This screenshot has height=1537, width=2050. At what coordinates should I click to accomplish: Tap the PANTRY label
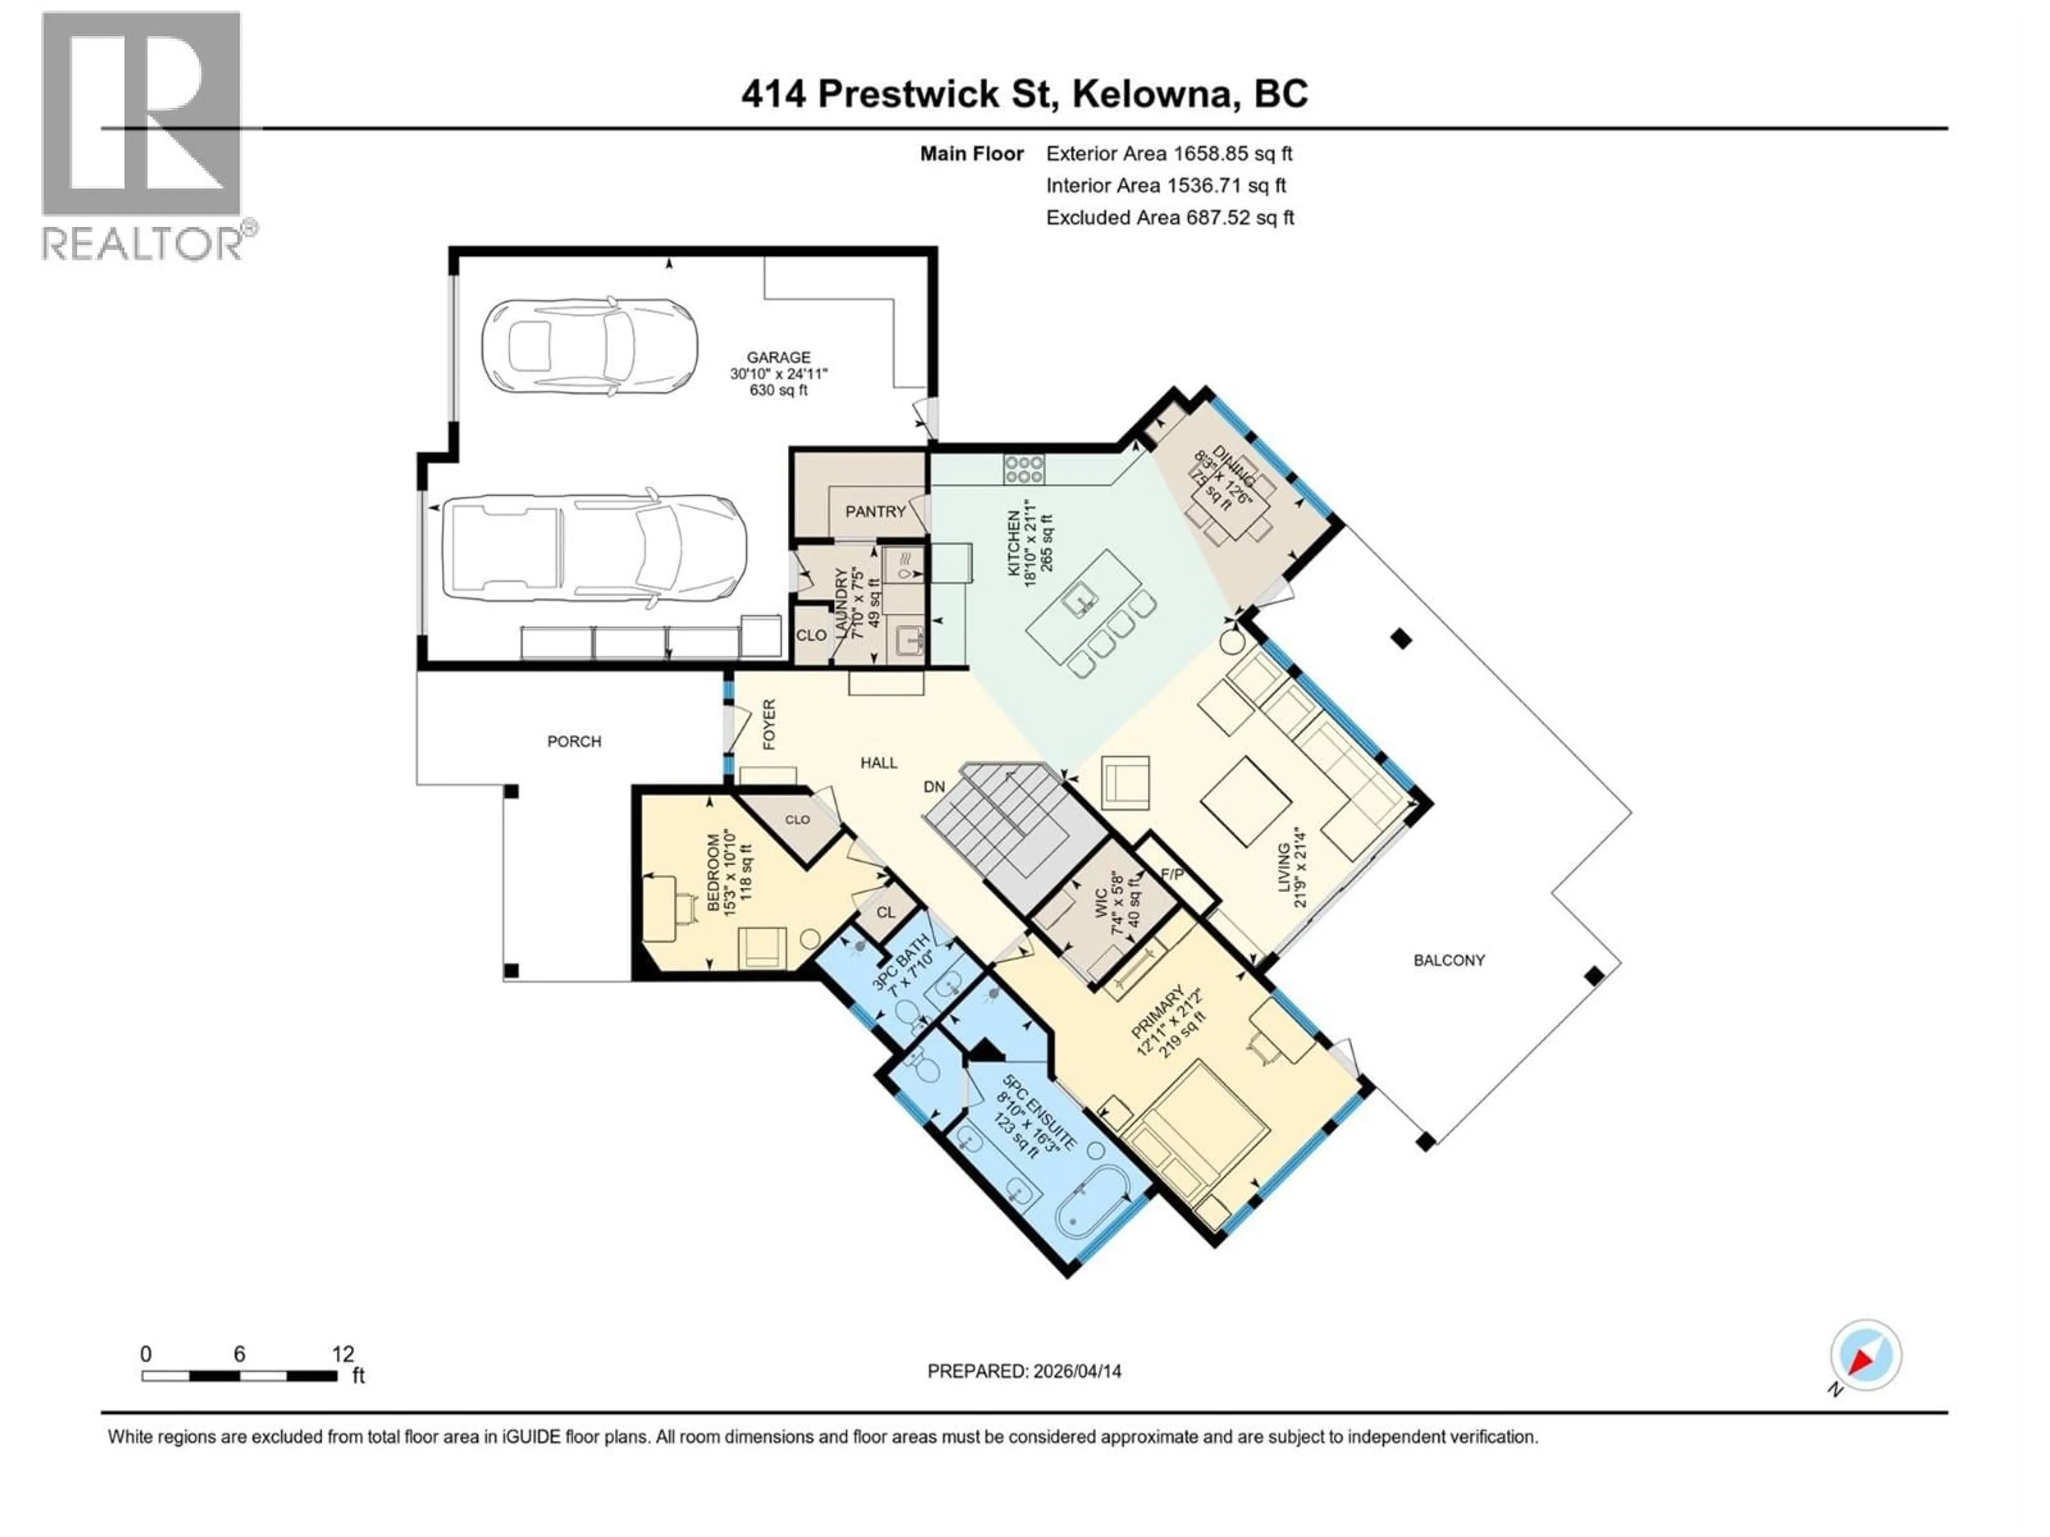point(875,511)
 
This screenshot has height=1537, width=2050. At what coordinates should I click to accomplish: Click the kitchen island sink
point(1079,602)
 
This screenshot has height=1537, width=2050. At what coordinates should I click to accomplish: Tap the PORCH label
point(574,741)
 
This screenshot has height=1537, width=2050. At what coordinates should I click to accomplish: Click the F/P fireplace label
point(1172,874)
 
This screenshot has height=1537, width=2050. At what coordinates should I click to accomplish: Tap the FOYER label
point(768,724)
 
